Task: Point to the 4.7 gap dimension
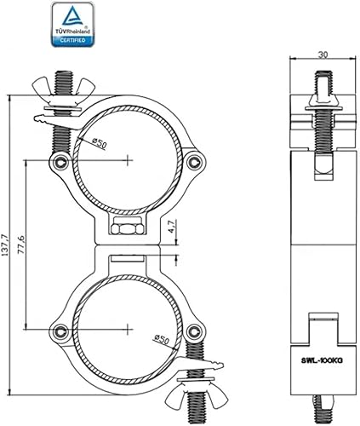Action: (x=171, y=228)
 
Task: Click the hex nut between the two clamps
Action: (x=126, y=229)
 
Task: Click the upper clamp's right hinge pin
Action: (x=195, y=161)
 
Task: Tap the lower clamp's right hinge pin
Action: (x=195, y=332)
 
